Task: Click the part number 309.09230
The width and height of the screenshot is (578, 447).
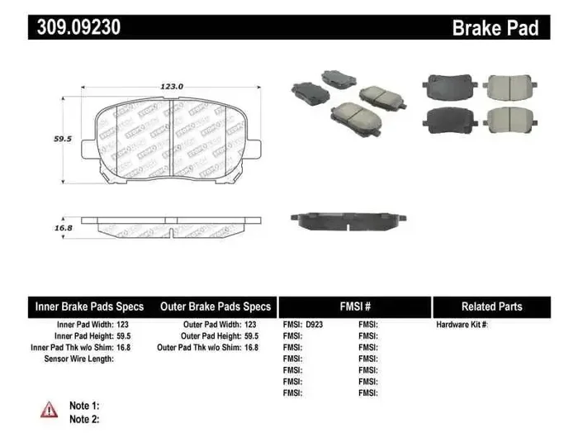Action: click(x=79, y=27)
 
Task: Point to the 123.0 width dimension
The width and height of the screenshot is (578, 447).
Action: click(x=171, y=86)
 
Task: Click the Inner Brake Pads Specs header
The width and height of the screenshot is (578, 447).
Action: click(x=89, y=307)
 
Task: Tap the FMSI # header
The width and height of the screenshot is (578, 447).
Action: click(x=355, y=307)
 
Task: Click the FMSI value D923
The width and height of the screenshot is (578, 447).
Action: click(x=315, y=326)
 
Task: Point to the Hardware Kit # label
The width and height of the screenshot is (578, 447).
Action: click(x=462, y=326)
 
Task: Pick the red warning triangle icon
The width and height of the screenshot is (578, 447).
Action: click(x=49, y=408)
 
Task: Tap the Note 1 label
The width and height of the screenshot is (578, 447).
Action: click(x=84, y=406)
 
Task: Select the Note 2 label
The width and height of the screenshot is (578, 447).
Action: click(x=84, y=419)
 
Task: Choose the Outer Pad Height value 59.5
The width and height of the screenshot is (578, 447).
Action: click(x=251, y=337)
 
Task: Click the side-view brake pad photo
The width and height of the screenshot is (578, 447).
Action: click(x=348, y=220)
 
